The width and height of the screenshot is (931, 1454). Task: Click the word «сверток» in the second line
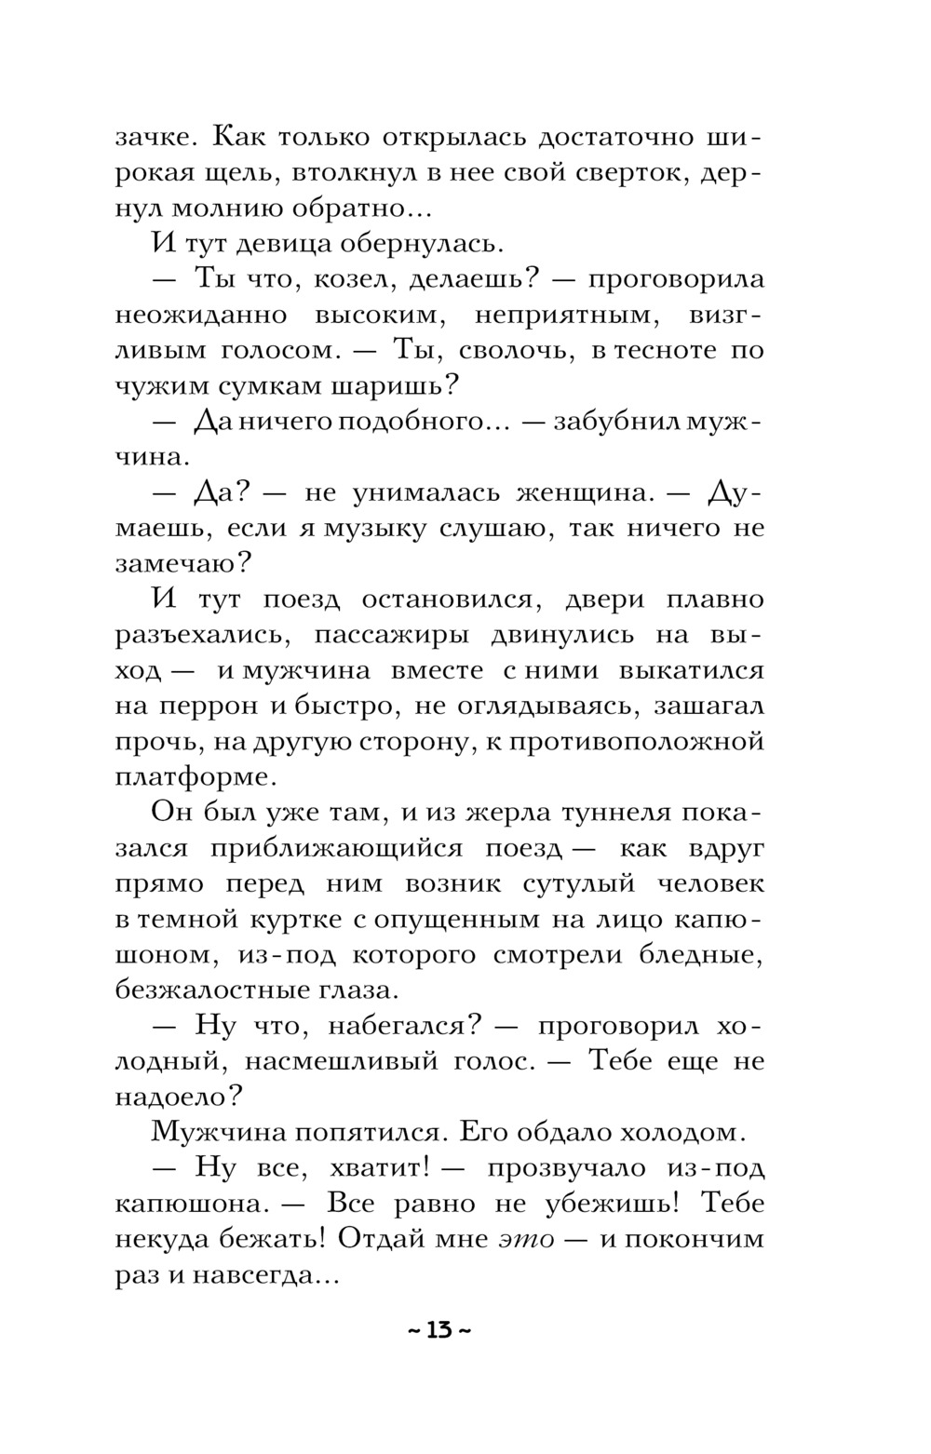click(x=629, y=173)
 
